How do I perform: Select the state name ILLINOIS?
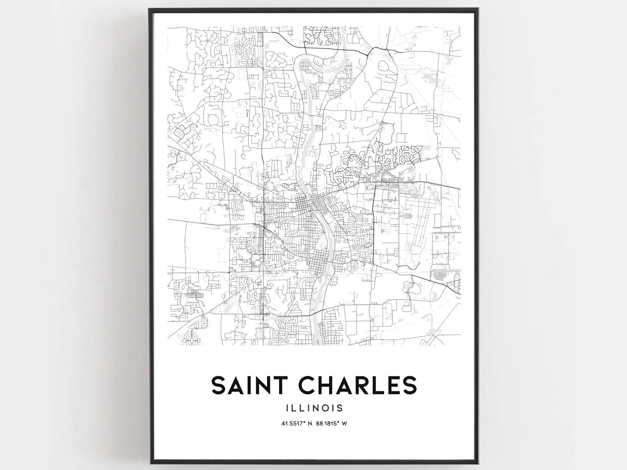314,408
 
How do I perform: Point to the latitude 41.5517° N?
296,424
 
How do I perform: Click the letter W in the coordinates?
344,424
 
